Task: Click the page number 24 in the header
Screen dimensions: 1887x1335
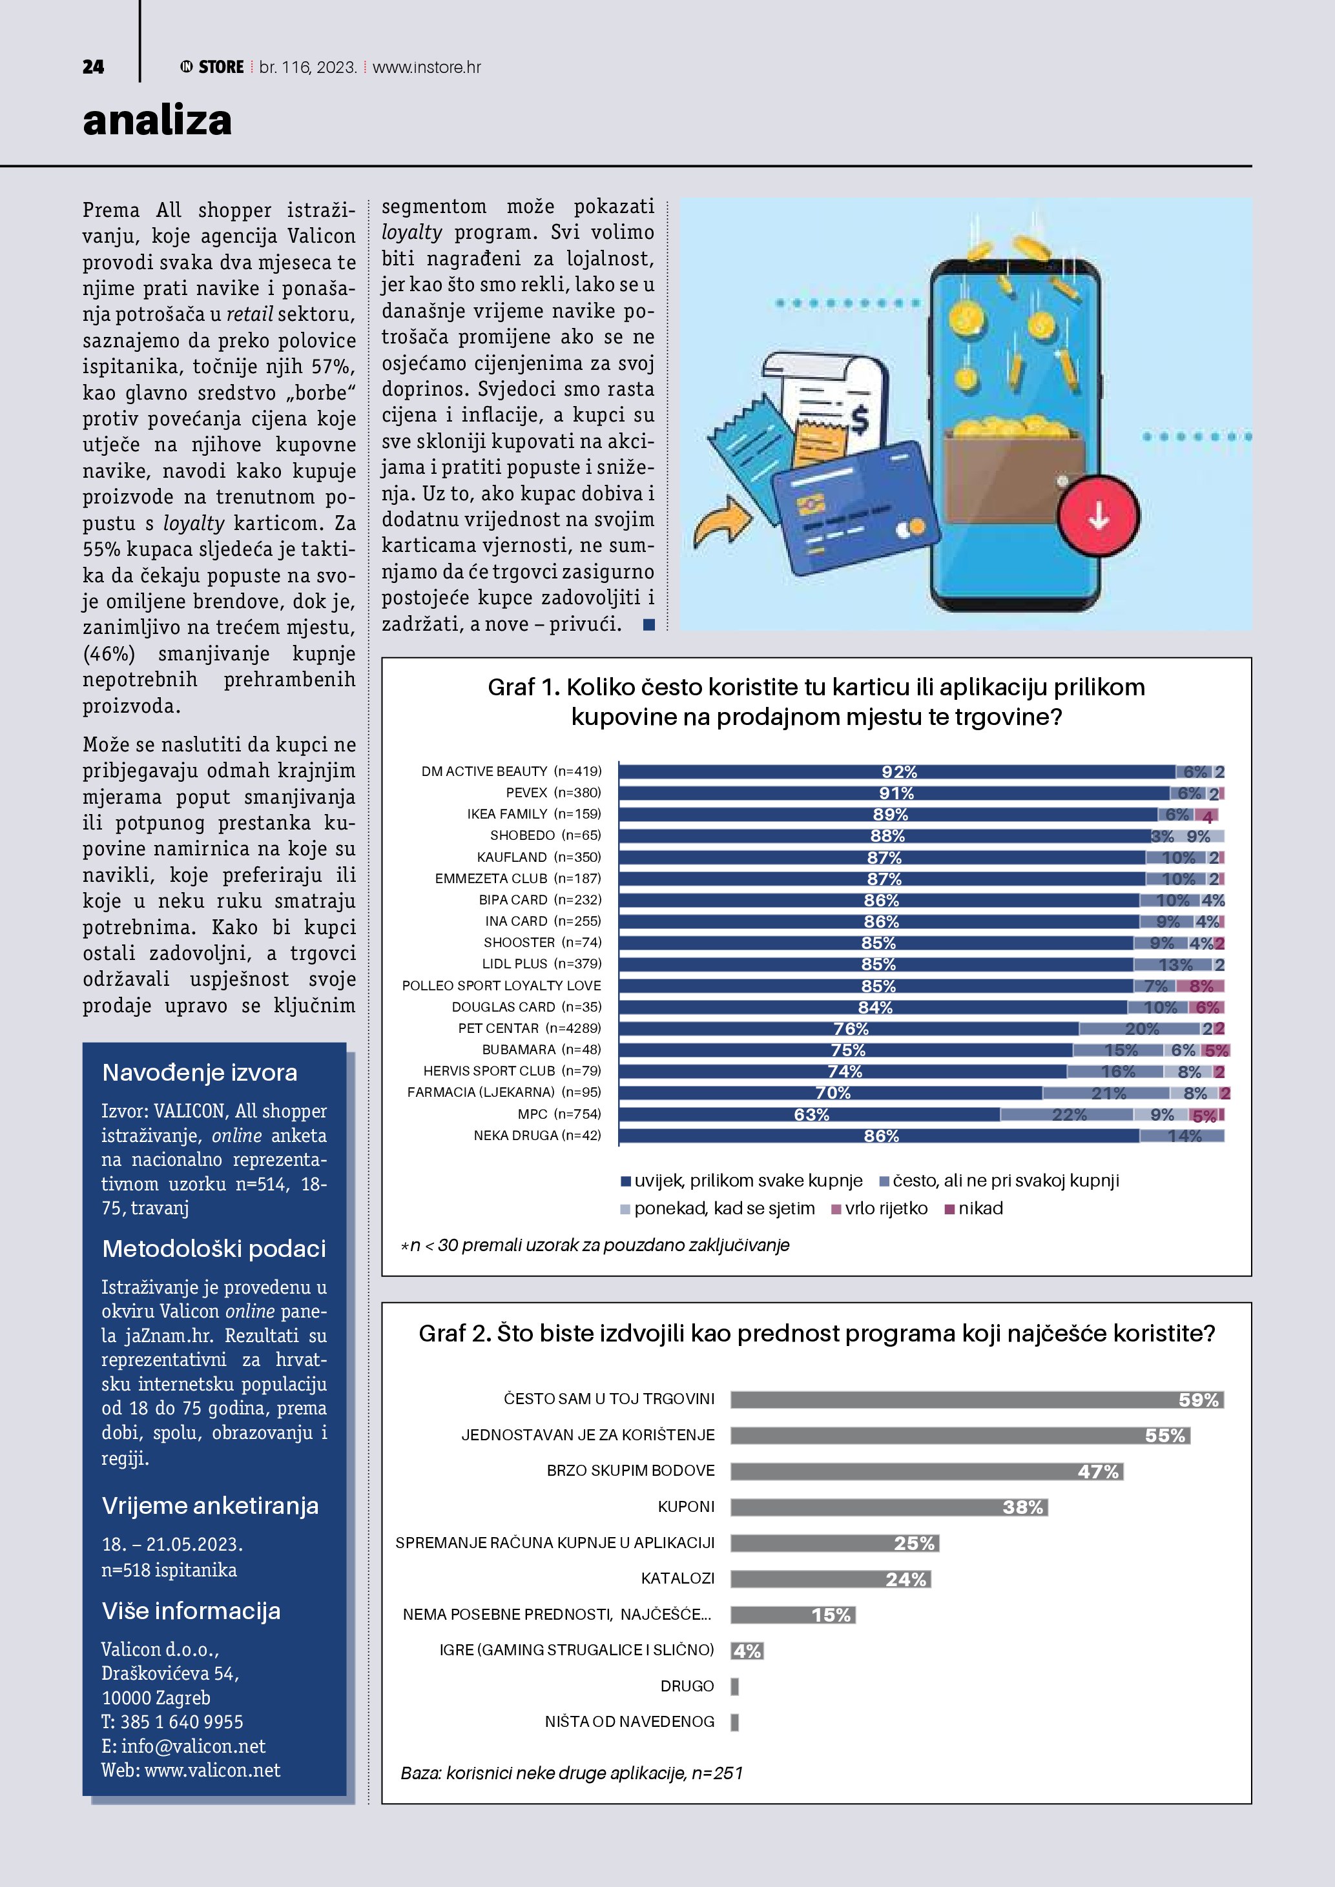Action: point(93,67)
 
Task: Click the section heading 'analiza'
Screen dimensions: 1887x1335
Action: point(157,121)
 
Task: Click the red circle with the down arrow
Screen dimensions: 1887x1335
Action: point(1098,516)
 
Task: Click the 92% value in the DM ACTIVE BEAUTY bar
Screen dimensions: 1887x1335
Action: point(898,771)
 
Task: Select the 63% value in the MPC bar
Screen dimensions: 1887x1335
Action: point(811,1114)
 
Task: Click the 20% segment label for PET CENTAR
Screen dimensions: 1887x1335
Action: point(1141,1029)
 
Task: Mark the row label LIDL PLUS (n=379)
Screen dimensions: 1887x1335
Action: point(541,964)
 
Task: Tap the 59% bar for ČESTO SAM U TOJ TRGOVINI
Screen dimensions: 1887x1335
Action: point(977,1400)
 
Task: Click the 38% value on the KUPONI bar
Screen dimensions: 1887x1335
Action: point(1022,1507)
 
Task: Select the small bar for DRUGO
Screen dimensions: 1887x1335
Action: point(735,1686)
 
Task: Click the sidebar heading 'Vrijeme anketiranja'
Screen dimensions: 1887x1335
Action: point(210,1505)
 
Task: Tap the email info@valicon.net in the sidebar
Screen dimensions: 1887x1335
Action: point(192,1746)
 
